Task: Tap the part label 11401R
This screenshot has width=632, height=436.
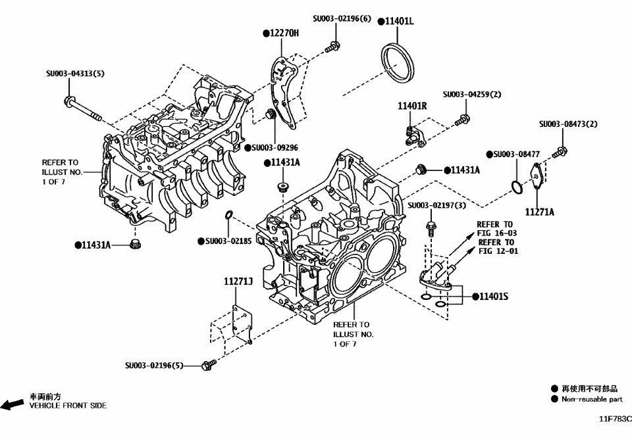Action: click(412, 105)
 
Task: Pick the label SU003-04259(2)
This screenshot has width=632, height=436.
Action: click(471, 94)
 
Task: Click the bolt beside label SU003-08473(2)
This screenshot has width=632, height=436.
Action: click(559, 153)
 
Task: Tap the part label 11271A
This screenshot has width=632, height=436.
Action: click(539, 212)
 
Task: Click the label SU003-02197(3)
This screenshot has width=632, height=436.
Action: click(436, 206)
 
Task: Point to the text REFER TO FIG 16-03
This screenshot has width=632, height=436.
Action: click(496, 228)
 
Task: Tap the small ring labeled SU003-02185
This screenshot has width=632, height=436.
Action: click(228, 215)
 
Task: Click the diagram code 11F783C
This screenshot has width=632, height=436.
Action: click(614, 418)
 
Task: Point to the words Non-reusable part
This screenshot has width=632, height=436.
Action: click(591, 399)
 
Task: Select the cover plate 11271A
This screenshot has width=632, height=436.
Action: click(536, 176)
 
